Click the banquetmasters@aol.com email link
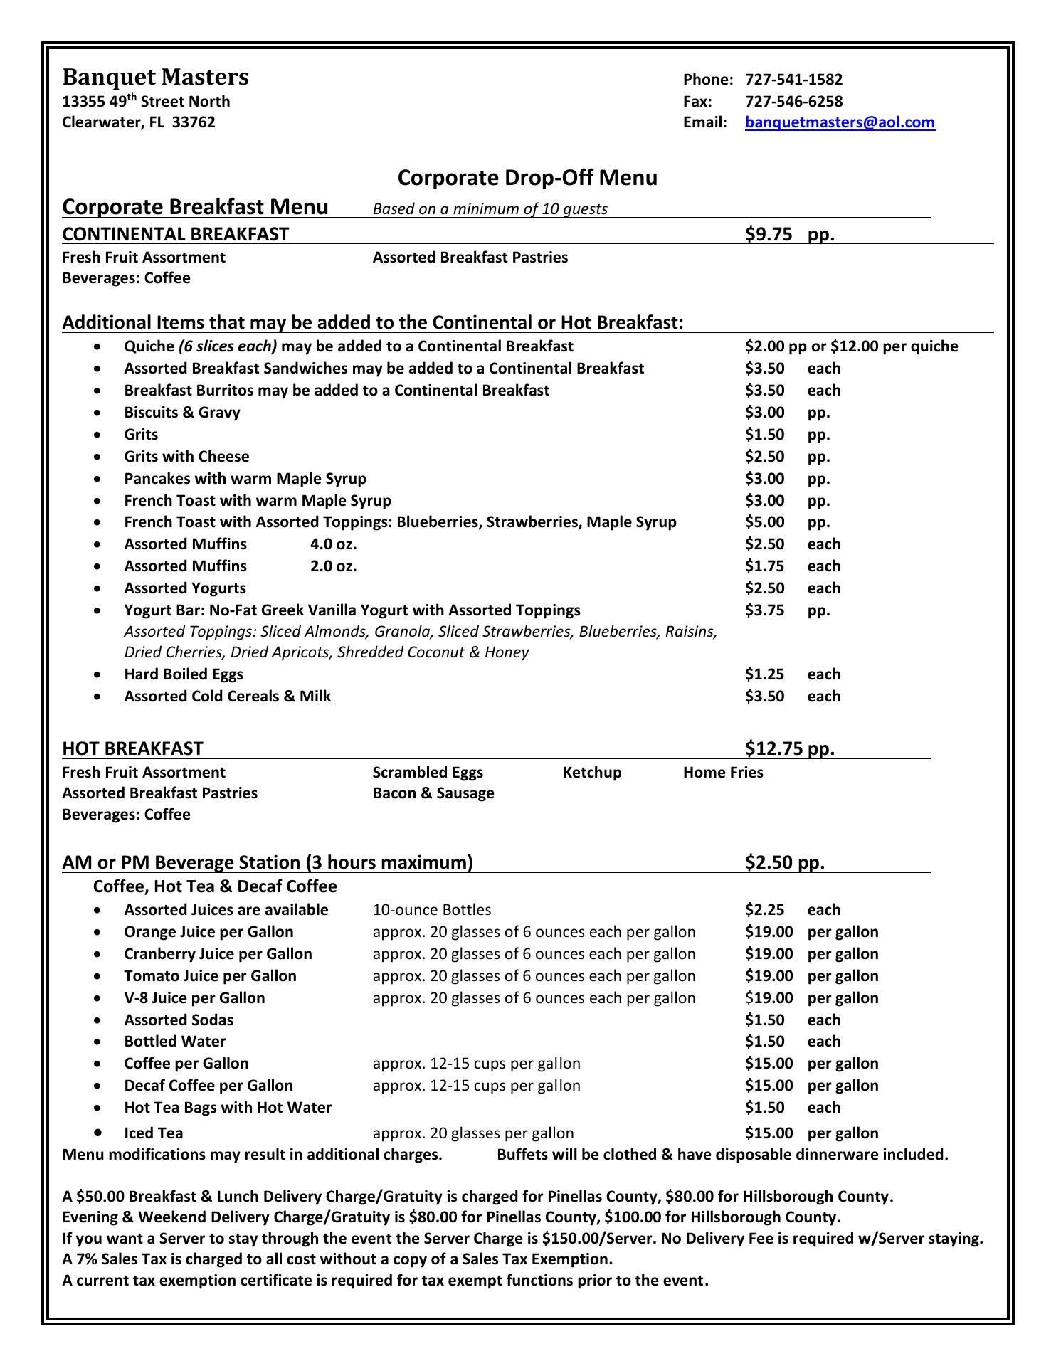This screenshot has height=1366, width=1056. pyautogui.click(x=840, y=122)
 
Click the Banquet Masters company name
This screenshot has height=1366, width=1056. pyautogui.click(x=156, y=77)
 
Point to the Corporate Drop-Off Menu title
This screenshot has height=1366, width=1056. pyautogui.click(x=527, y=177)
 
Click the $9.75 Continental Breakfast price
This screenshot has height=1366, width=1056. pyautogui.click(x=769, y=234)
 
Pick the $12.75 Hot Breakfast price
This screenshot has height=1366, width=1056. pyautogui.click(x=771, y=748)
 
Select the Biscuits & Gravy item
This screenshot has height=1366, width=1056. pyautogui.click(x=182, y=413)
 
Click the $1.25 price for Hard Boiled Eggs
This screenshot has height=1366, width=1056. pyautogui.click(x=764, y=674)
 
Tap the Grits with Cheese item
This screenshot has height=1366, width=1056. pyautogui.click(x=186, y=457)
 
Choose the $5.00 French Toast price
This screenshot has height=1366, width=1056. pyautogui.click(x=764, y=522)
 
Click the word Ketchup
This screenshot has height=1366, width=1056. pyautogui.click(x=592, y=773)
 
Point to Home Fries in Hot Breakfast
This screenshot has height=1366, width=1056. pyautogui.click(x=723, y=773)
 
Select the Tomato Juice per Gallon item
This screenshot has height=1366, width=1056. pyautogui.click(x=210, y=976)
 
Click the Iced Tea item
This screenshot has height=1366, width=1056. pyautogui.click(x=154, y=1133)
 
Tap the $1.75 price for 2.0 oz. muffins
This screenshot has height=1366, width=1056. pyautogui.click(x=764, y=566)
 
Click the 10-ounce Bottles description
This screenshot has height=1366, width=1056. pyautogui.click(x=432, y=910)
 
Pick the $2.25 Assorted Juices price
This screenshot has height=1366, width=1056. pyautogui.click(x=764, y=910)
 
